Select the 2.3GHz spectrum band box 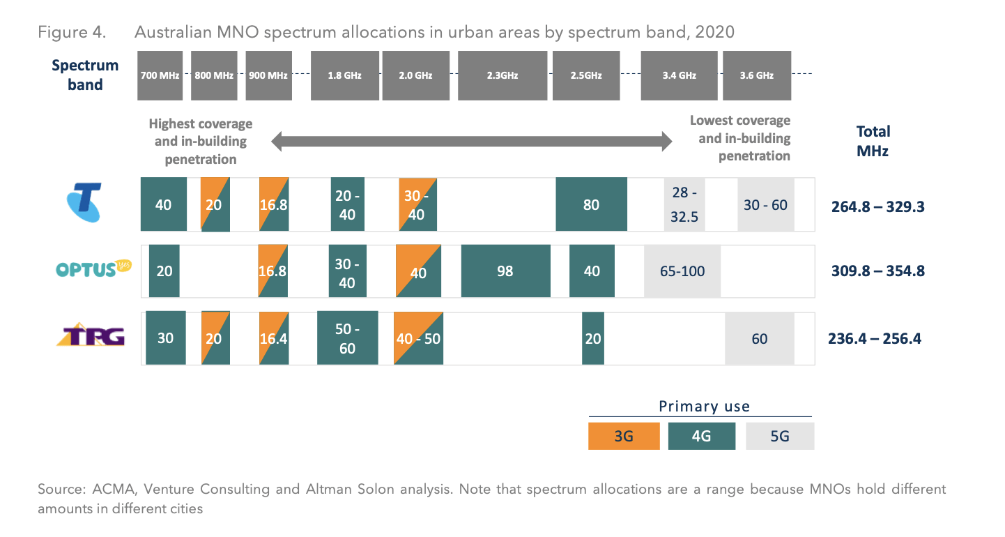pyautogui.click(x=502, y=75)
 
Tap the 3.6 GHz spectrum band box pyautogui.click(x=757, y=75)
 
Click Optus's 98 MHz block pyautogui.click(x=505, y=271)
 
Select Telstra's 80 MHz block pyautogui.click(x=591, y=204)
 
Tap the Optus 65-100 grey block pyautogui.click(x=682, y=271)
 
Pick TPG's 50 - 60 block pyautogui.click(x=347, y=338)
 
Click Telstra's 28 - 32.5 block pyautogui.click(x=684, y=204)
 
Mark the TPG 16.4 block pyautogui.click(x=273, y=338)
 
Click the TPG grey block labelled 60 pyautogui.click(x=759, y=338)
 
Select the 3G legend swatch pyautogui.click(x=624, y=437)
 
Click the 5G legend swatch pyautogui.click(x=779, y=437)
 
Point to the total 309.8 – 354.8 pyautogui.click(x=877, y=271)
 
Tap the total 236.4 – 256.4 pyautogui.click(x=875, y=339)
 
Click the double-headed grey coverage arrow pyautogui.click(x=471, y=142)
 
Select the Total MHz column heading pyautogui.click(x=873, y=140)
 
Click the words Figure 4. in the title pyautogui.click(x=71, y=32)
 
